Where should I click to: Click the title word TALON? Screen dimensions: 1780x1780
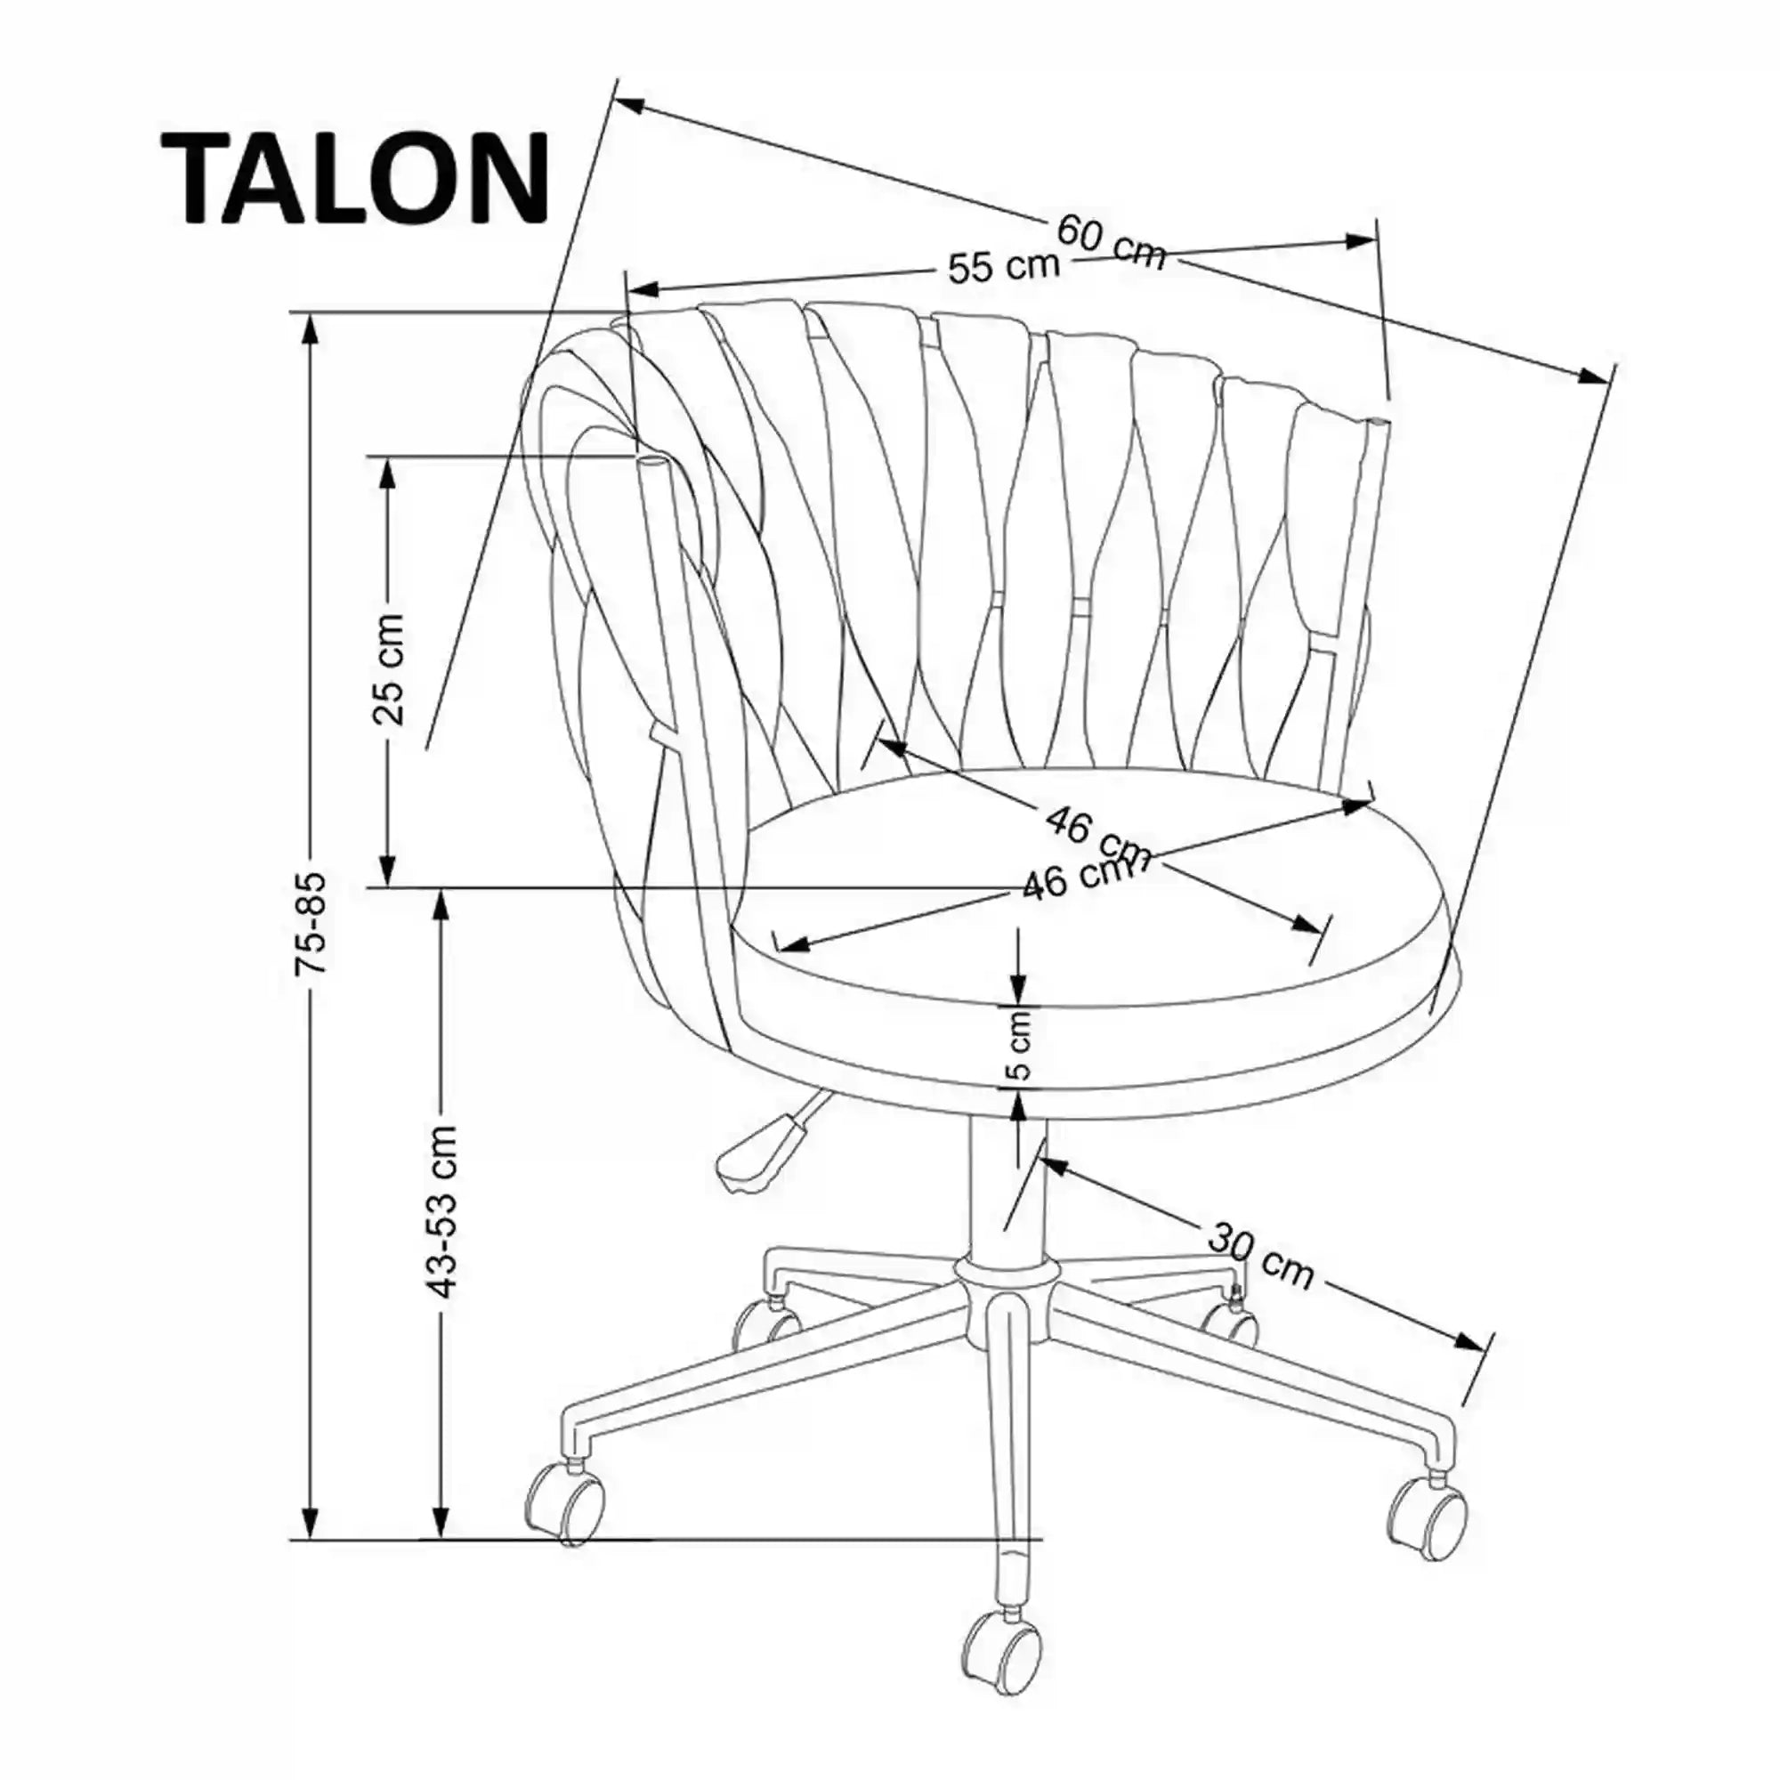point(356,179)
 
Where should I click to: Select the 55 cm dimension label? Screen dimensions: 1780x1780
point(1003,266)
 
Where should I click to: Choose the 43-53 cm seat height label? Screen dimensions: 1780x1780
point(443,1212)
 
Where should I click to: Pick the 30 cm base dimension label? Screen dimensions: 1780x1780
point(1259,1256)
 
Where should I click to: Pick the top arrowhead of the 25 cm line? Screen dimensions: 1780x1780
point(388,471)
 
